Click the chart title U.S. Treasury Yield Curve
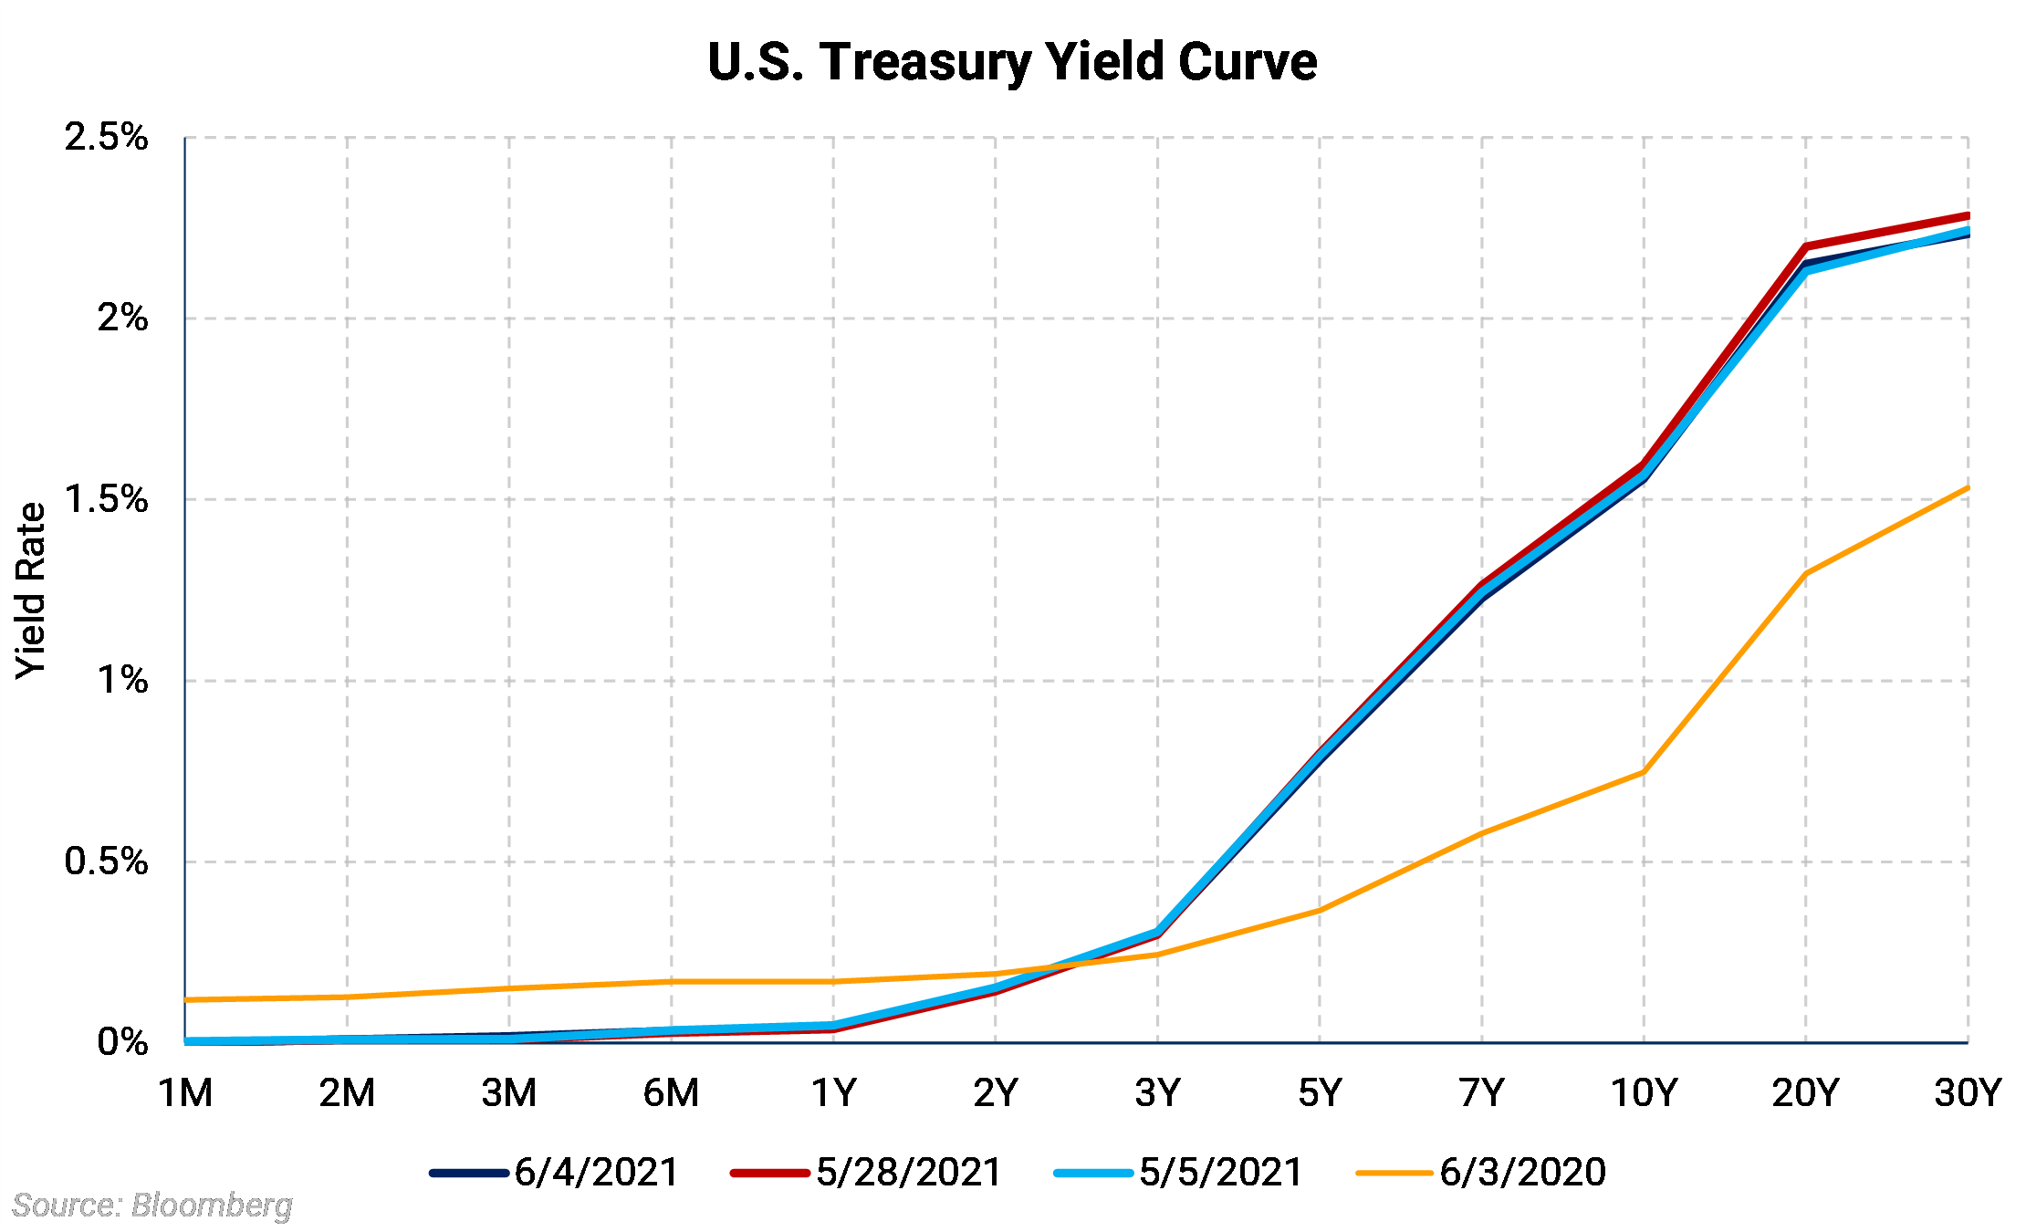(1012, 62)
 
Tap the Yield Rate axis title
(31, 590)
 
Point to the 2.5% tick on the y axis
(106, 138)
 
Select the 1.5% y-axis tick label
(106, 499)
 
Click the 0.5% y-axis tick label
(106, 861)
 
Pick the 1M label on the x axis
(185, 1092)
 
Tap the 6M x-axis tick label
(671, 1092)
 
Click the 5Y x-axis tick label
(1320, 1092)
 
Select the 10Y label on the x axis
(1644, 1092)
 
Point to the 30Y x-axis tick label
(1967, 1092)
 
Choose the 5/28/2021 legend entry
(866, 1173)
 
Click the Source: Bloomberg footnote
(152, 1206)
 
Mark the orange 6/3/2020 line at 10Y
(1643, 773)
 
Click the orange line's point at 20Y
(1805, 574)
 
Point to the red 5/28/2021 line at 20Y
(1805, 246)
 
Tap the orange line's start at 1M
(187, 1000)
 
